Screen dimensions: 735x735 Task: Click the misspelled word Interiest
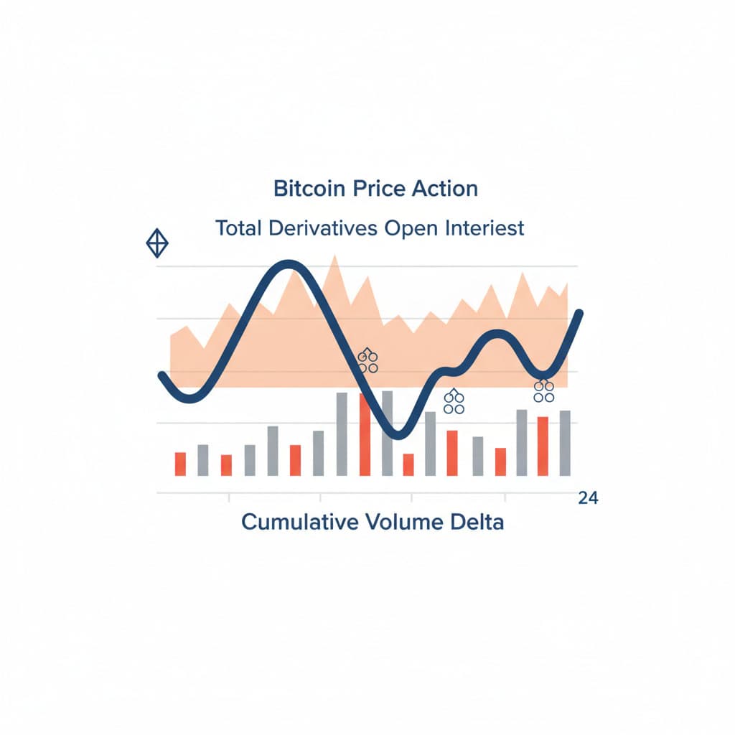click(x=482, y=229)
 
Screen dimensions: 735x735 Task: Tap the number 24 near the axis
click(x=588, y=499)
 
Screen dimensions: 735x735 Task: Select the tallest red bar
click(x=365, y=434)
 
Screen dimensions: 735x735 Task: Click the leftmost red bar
click(x=180, y=464)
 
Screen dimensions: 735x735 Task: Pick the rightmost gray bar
click(x=565, y=443)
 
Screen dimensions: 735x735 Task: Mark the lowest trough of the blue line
click(x=401, y=435)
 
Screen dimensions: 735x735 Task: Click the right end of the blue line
click(x=579, y=313)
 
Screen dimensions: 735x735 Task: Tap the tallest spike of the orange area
click(x=333, y=257)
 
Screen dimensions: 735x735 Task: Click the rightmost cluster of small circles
click(x=544, y=391)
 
